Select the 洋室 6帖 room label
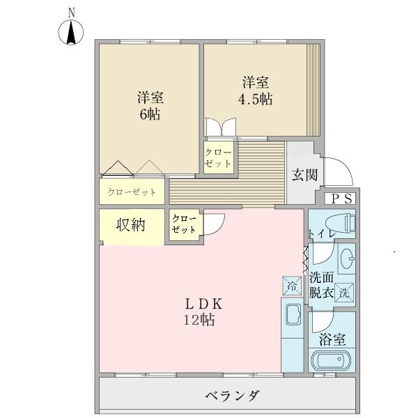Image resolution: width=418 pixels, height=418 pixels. pyautogui.click(x=150, y=106)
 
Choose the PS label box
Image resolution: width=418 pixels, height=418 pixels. pyautogui.click(x=342, y=199)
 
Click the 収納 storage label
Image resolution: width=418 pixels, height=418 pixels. pyautogui.click(x=130, y=225)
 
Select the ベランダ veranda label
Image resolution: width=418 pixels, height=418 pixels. pyautogui.click(x=233, y=396)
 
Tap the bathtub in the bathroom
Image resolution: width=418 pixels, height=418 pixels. pyautogui.click(x=332, y=362)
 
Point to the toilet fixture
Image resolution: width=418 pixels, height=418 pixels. pyautogui.click(x=342, y=223)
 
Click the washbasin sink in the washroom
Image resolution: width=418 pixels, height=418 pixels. pyautogui.click(x=346, y=261)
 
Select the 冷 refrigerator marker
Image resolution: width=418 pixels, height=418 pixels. pyautogui.click(x=291, y=284)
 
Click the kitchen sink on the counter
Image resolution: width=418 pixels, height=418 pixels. pyautogui.click(x=291, y=316)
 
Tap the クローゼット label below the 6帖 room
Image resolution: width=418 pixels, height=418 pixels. pyautogui.click(x=132, y=192)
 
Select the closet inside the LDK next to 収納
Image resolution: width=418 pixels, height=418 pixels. pyautogui.click(x=184, y=224)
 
